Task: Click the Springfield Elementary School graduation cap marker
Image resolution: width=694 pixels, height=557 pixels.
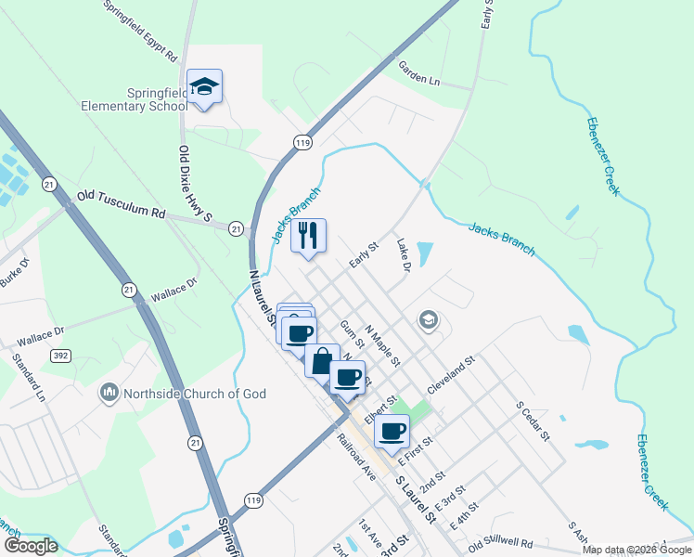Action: coord(204,87)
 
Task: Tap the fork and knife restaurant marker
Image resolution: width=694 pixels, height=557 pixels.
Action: coord(309,235)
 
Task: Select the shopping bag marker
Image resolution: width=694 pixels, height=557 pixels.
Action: coord(322,359)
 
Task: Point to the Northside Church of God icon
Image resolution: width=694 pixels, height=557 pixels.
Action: coord(109,394)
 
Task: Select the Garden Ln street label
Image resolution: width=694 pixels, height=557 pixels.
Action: coord(419,73)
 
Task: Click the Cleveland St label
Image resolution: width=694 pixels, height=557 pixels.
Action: coord(451,372)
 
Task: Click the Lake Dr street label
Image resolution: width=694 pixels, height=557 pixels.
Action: coord(404,256)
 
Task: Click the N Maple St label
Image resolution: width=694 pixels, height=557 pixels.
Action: coord(382,344)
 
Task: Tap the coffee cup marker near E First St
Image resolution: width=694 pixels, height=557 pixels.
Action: coord(392,430)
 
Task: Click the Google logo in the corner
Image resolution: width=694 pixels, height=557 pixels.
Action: coord(31,546)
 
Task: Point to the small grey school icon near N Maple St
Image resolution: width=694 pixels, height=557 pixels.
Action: coord(428,321)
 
